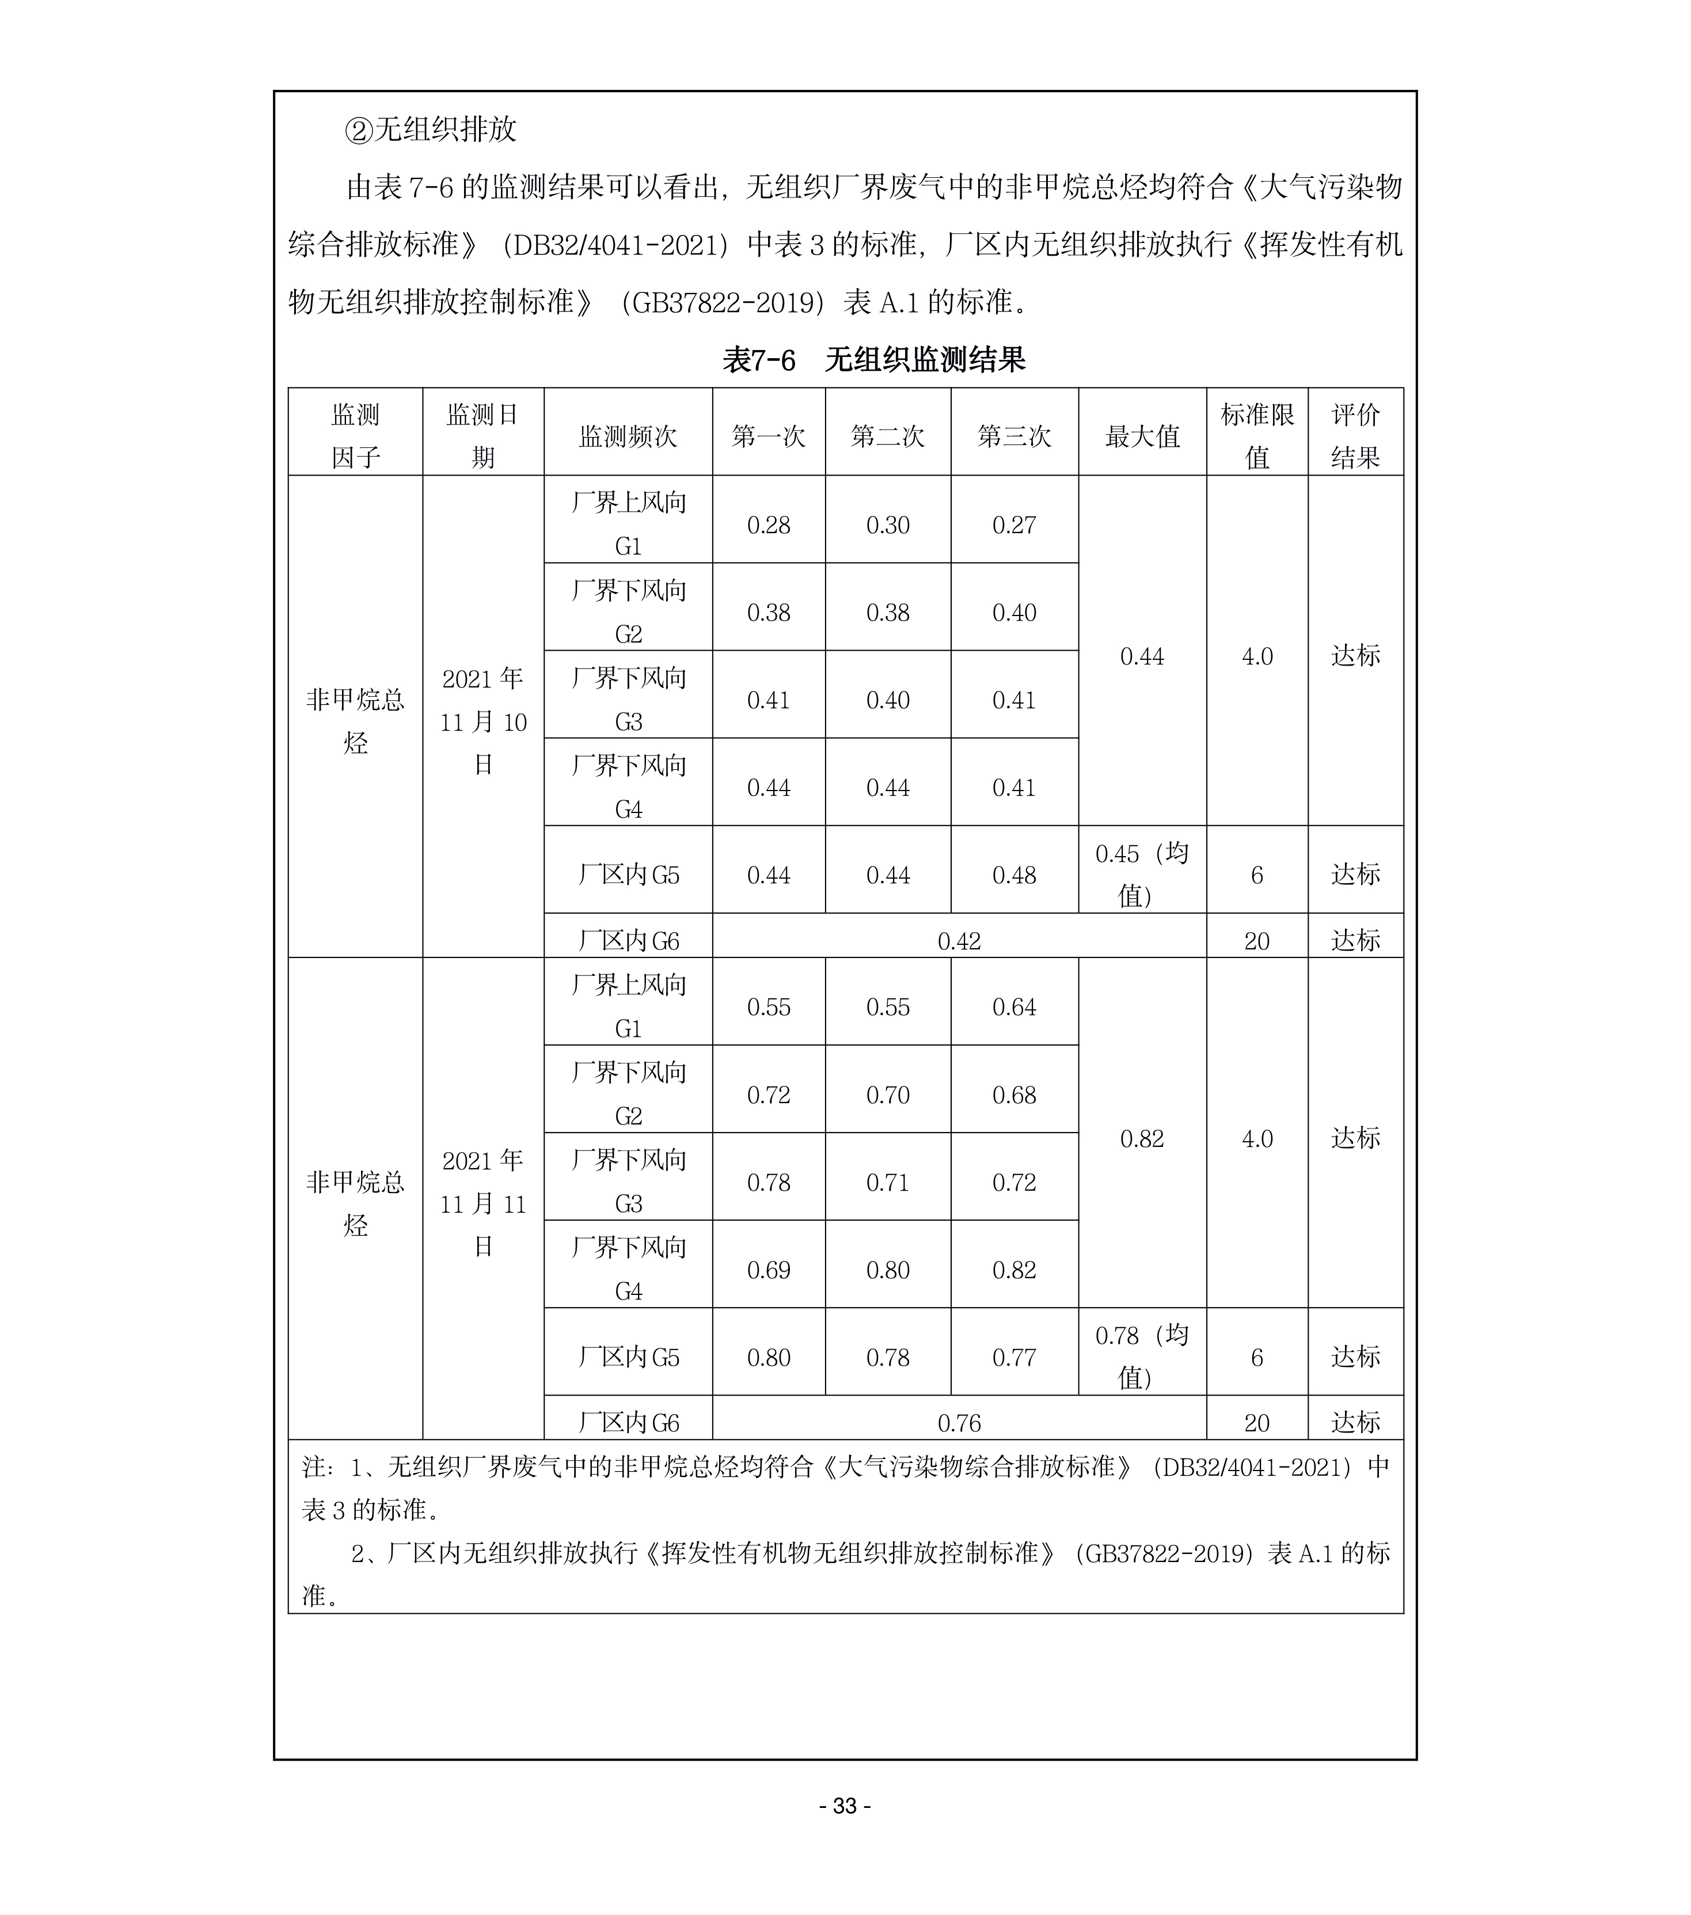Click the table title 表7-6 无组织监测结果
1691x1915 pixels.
873,360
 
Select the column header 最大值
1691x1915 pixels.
1141,436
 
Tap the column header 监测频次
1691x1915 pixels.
628,436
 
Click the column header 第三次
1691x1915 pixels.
1014,436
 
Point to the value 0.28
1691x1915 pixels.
768,526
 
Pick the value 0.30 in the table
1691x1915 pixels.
887,526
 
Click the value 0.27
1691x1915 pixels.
1014,526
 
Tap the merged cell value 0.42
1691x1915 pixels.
959,941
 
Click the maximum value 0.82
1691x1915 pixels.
1141,1138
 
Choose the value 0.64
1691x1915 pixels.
1014,1007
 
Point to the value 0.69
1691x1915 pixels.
768,1270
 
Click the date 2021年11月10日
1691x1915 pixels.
482,721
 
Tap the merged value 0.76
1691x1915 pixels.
959,1423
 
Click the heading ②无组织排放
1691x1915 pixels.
431,130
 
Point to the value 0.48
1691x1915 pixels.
1014,875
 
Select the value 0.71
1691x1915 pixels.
887,1183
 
